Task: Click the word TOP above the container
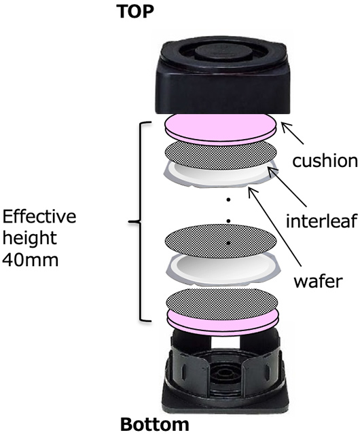click(x=135, y=12)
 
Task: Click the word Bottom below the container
click(x=155, y=425)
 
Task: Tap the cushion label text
click(x=325, y=160)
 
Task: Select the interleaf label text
click(x=321, y=221)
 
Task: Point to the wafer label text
click(x=319, y=281)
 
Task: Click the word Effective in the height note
click(x=39, y=216)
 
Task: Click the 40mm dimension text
click(x=31, y=260)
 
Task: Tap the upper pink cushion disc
click(x=221, y=129)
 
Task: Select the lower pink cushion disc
click(x=222, y=322)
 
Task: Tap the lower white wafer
click(x=223, y=269)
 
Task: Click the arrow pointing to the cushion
click(x=293, y=134)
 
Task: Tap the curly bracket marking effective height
click(x=139, y=221)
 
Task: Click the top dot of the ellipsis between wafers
click(x=228, y=200)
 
